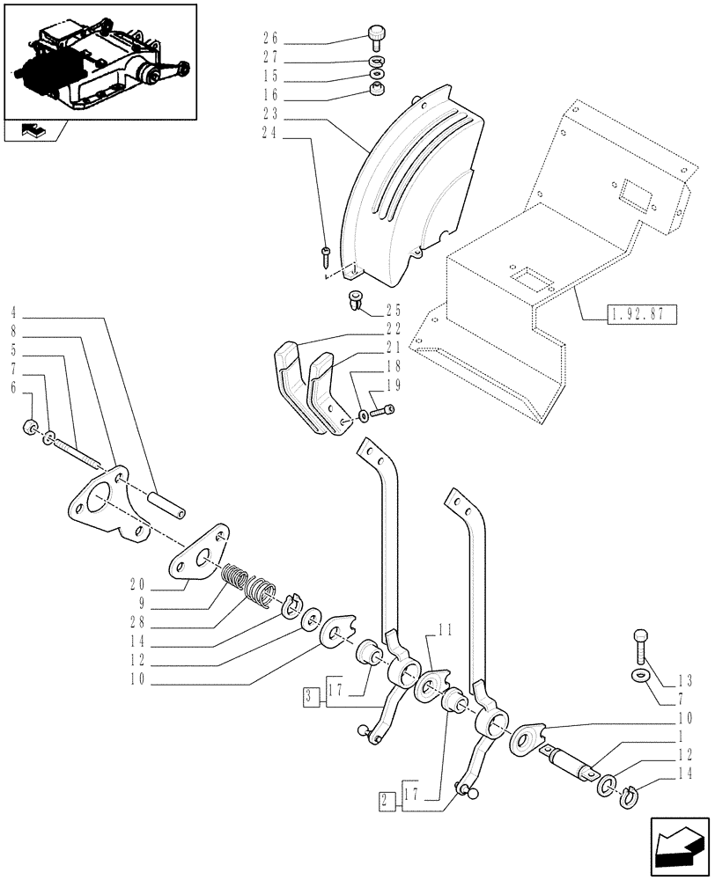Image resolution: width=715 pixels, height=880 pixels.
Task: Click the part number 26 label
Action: (x=270, y=37)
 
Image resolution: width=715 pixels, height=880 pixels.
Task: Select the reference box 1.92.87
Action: (x=640, y=313)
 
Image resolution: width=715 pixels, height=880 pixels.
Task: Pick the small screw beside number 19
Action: (x=381, y=409)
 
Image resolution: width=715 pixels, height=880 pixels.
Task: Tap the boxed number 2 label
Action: (x=385, y=802)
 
